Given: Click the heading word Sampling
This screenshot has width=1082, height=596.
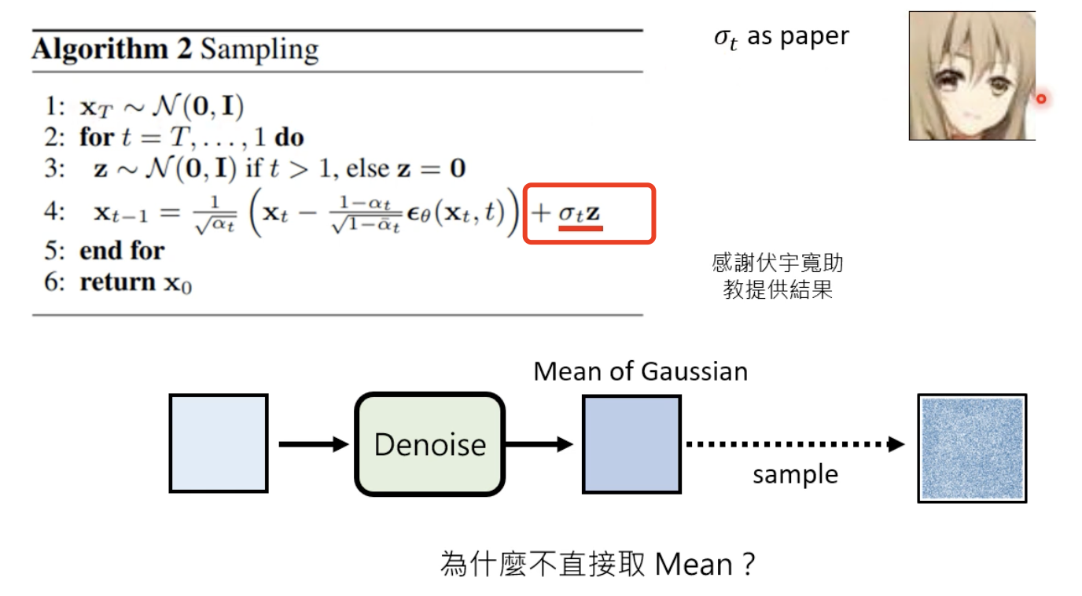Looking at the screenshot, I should point(259,50).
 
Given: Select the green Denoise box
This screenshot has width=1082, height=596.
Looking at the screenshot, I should point(429,444).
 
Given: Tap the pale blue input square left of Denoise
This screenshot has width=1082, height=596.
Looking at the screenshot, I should point(218,444).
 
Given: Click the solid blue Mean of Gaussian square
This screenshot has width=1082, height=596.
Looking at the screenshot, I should point(631,444).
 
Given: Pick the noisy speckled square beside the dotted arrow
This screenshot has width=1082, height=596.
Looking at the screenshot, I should point(972,448).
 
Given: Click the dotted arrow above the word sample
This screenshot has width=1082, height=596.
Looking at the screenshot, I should point(794,444).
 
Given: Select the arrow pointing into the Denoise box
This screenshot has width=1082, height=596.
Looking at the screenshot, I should point(312,444).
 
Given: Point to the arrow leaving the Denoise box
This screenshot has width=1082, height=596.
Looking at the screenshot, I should point(539,444).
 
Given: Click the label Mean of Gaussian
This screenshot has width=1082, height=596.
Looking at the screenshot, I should point(640,371).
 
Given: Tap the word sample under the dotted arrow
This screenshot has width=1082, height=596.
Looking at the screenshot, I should point(795,475).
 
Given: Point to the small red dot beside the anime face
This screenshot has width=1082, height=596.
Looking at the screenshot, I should point(1041,99).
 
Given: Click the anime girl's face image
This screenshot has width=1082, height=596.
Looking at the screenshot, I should point(972,75).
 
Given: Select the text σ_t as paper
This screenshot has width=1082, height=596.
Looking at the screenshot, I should point(781,38).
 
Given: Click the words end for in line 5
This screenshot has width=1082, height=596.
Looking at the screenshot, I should point(122,251).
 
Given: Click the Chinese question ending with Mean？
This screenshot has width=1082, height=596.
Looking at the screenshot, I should point(598,564).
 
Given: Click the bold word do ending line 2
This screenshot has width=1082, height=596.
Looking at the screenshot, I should point(289,138).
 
